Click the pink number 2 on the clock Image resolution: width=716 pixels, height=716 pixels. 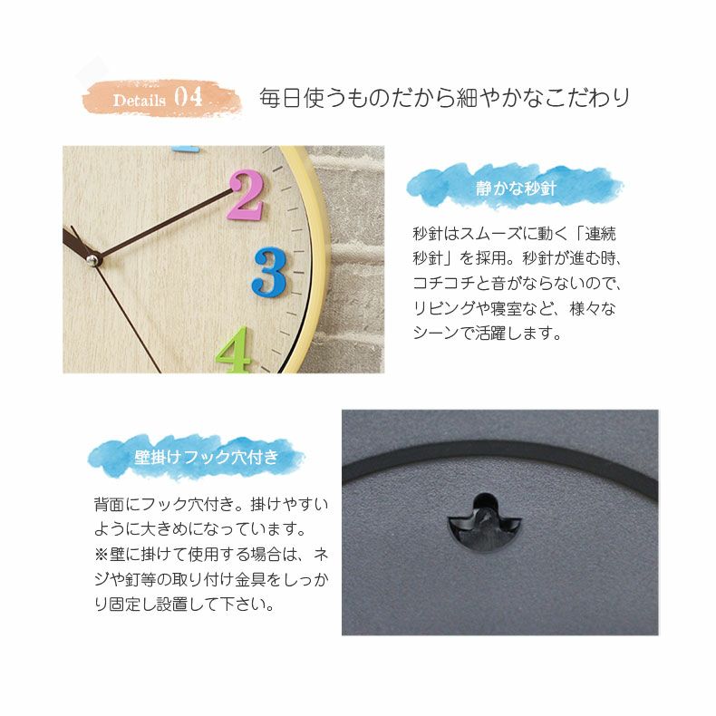pos(245,197)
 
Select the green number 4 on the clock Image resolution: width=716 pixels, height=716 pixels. pos(234,351)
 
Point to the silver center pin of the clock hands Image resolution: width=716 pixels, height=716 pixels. pos(92,260)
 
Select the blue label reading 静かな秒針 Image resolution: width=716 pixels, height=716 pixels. pos(515,189)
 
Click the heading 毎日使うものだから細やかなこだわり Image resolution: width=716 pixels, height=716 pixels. pos(444,98)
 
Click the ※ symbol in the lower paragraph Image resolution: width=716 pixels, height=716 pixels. pos(101,553)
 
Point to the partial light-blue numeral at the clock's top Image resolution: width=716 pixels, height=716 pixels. pos(185,148)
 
